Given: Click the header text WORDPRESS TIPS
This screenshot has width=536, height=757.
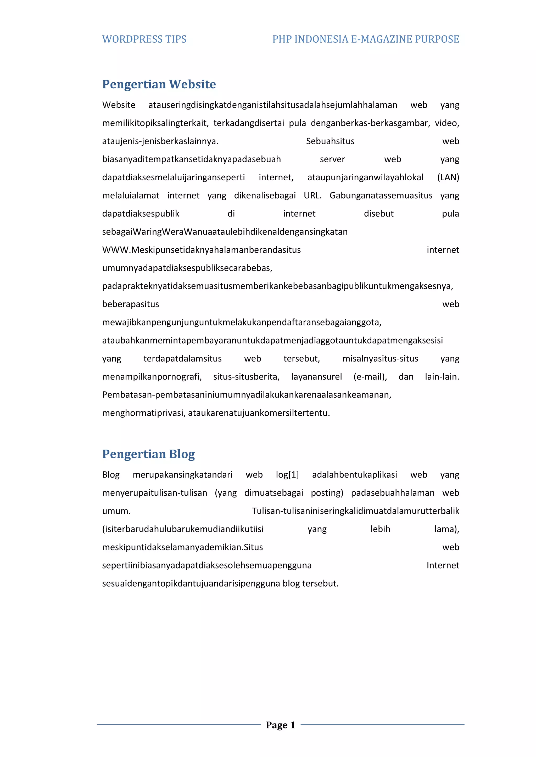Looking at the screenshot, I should pyautogui.click(x=144, y=39).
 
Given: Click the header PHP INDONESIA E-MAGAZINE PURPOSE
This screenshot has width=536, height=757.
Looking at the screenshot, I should pyautogui.click(x=365, y=39).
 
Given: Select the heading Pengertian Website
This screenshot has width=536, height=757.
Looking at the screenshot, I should pyautogui.click(x=159, y=84).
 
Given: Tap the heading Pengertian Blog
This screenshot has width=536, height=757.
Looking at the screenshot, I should pyautogui.click(x=148, y=454).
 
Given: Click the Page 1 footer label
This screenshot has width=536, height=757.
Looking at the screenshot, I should pyautogui.click(x=281, y=725).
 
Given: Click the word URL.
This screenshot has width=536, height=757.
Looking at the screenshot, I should pyautogui.click(x=312, y=196).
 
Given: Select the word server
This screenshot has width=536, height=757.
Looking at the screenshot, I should pyautogui.click(x=332, y=159).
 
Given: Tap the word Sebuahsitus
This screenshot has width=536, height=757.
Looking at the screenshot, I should pyautogui.click(x=330, y=141).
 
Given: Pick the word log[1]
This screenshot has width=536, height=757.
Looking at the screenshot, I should pyautogui.click(x=287, y=475).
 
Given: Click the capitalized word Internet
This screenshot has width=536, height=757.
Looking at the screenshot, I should pyautogui.click(x=443, y=565).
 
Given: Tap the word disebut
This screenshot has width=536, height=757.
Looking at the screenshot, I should pyautogui.click(x=378, y=214).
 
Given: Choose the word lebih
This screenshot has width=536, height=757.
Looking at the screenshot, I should pyautogui.click(x=380, y=529).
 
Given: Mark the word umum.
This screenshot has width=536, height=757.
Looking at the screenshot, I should pyautogui.click(x=116, y=511).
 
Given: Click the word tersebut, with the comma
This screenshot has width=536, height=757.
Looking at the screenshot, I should pyautogui.click(x=301, y=358).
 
